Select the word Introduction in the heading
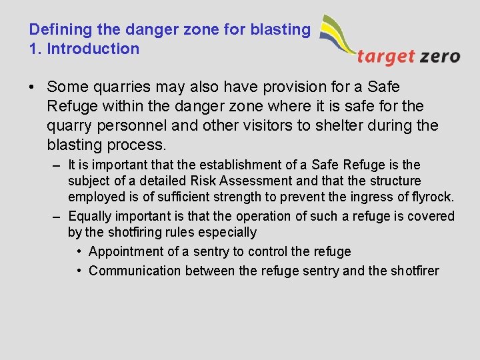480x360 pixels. pyautogui.click(x=93, y=49)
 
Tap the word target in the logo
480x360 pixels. pyautogui.click(x=386, y=56)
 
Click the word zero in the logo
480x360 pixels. pyautogui.click(x=440, y=56)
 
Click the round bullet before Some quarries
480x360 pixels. pyautogui.click(x=33, y=87)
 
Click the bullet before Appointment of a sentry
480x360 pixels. pyautogui.click(x=79, y=252)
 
